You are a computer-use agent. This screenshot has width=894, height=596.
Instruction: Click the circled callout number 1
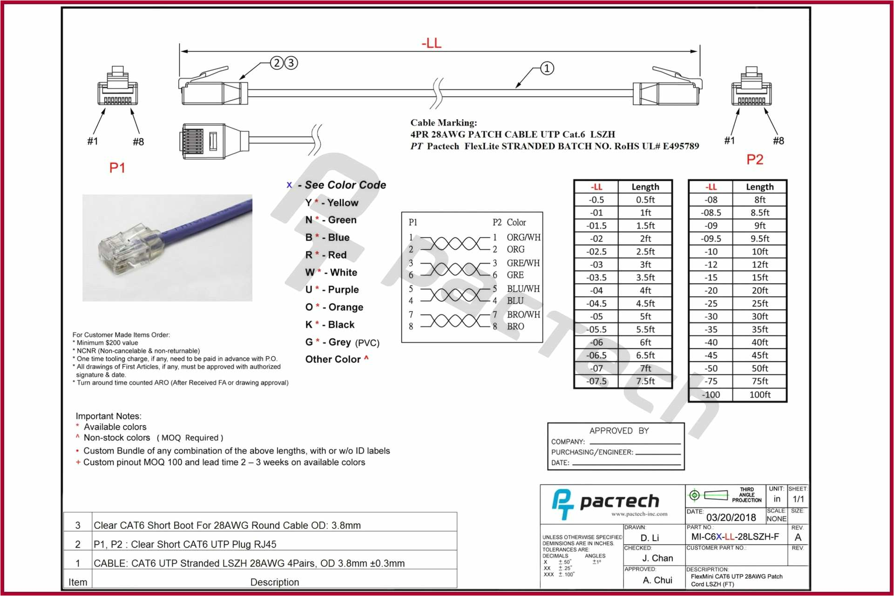tap(547, 68)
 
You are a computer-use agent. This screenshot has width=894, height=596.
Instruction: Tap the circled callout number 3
tap(291, 63)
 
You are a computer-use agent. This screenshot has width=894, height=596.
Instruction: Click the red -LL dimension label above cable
tap(431, 43)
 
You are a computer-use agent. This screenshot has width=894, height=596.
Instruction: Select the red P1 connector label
tap(117, 168)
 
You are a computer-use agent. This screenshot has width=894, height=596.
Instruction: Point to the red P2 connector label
tap(755, 160)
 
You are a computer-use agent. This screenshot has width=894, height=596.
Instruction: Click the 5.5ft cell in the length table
tap(645, 329)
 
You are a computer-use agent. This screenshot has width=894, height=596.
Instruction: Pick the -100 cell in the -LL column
tap(711, 394)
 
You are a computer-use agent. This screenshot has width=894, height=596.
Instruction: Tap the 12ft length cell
tap(759, 264)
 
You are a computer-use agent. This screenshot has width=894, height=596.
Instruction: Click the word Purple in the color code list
tap(343, 290)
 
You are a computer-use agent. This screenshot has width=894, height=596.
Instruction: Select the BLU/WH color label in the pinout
tap(523, 289)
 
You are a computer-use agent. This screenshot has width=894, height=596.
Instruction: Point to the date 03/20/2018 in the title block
tap(731, 517)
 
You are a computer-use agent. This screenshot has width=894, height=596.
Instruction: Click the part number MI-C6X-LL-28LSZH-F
tap(735, 537)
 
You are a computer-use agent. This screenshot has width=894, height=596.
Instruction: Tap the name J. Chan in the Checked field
tap(657, 558)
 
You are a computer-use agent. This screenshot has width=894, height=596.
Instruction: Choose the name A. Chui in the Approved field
tap(657, 580)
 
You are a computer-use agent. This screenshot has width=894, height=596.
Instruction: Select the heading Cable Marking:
tap(443, 123)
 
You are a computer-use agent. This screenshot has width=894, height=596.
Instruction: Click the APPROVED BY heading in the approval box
tap(619, 431)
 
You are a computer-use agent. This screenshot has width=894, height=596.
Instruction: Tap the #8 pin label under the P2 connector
tap(778, 141)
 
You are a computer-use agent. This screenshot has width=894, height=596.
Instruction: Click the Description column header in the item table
tap(274, 582)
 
